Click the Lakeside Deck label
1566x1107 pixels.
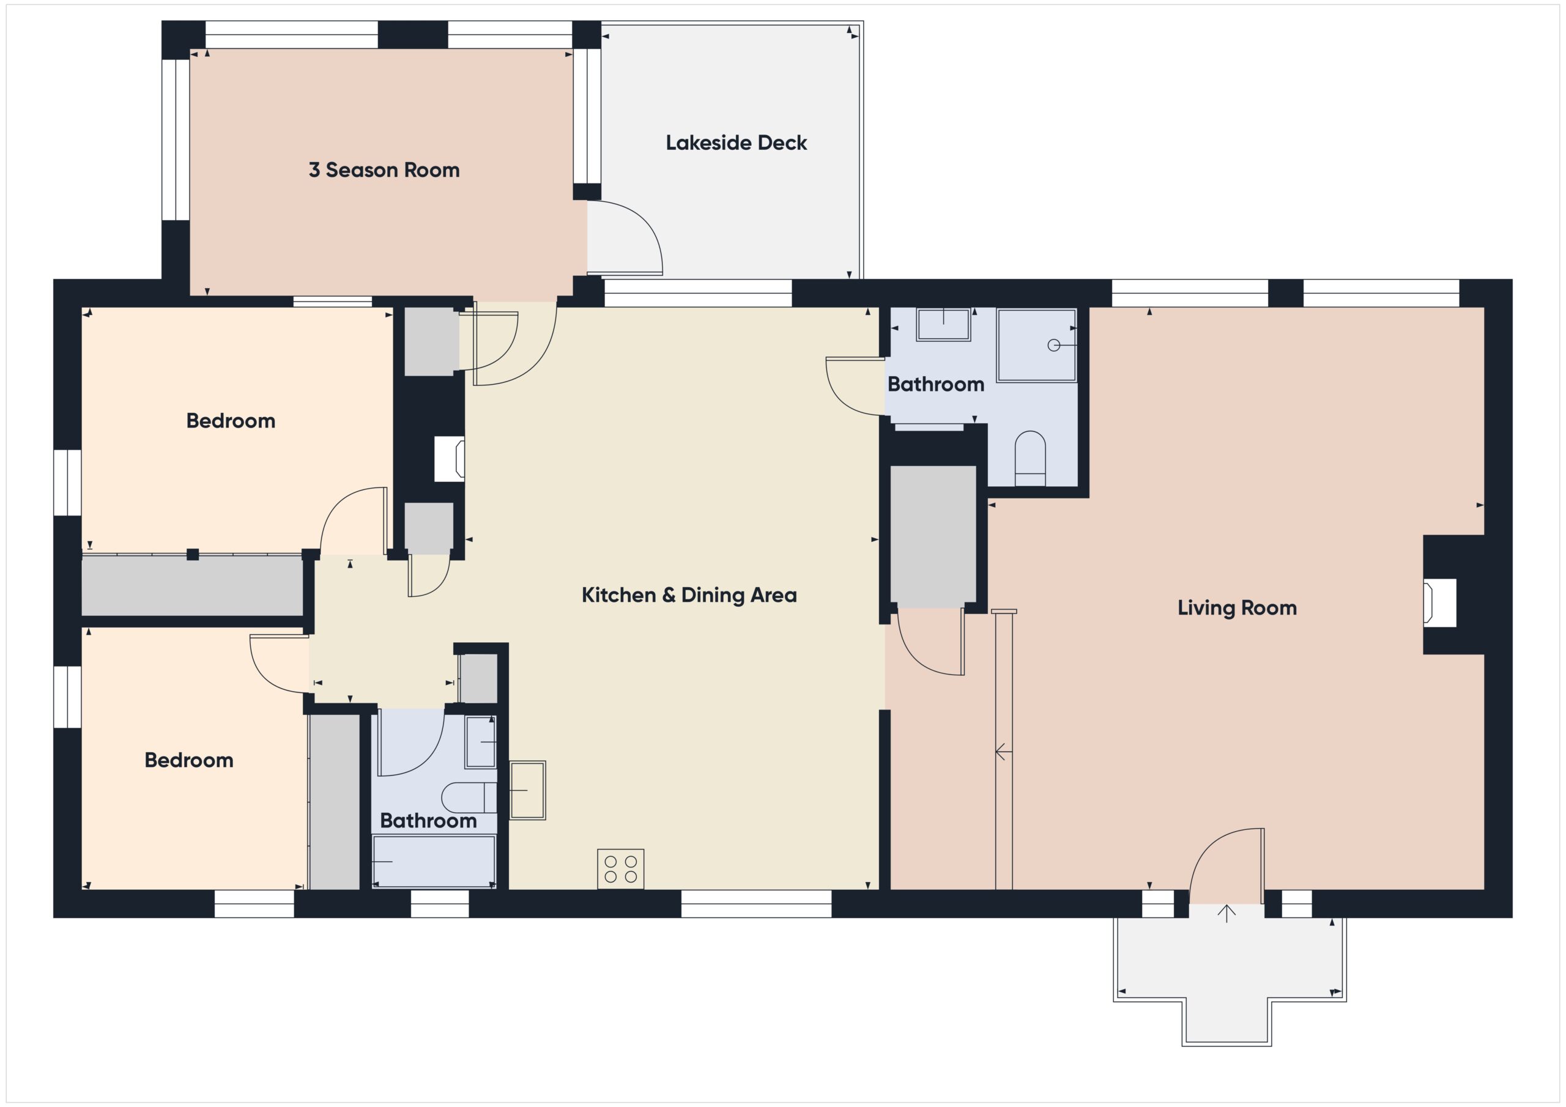coord(736,143)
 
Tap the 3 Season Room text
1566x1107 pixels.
coord(384,170)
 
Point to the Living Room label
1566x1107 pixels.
coord(1236,608)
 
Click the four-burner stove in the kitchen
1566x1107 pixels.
coord(620,869)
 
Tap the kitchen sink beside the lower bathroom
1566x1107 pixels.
coord(527,790)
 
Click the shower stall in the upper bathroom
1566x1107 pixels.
coord(1036,345)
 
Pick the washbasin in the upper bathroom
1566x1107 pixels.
coord(943,324)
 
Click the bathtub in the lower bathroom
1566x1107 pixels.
coord(434,862)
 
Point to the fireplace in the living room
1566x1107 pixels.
coord(1439,602)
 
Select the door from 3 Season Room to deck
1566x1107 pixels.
coord(624,239)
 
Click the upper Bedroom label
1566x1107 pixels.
coord(231,421)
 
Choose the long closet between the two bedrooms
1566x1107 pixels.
coord(191,585)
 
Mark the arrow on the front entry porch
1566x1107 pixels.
coord(1226,913)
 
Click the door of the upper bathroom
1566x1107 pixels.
coord(854,386)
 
